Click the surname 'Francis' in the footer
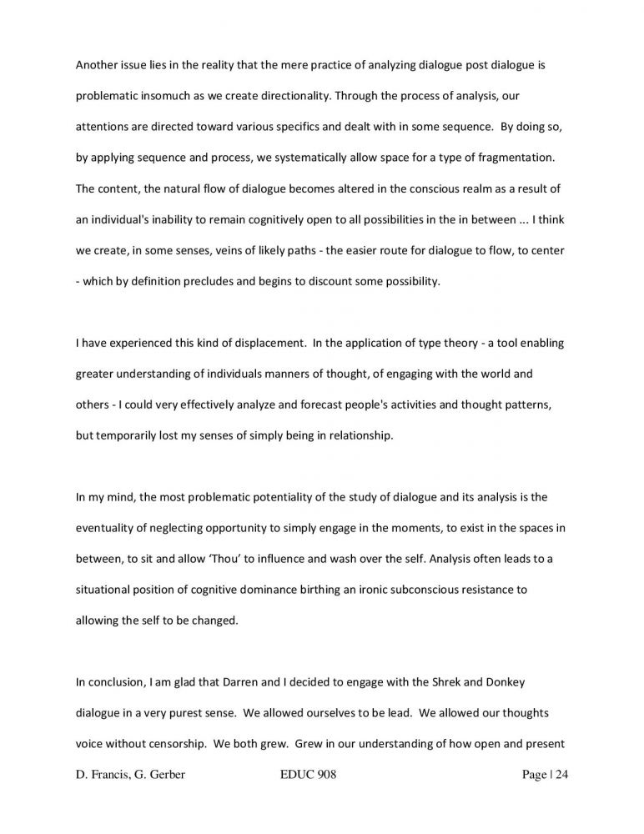pyautogui.click(x=114, y=776)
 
